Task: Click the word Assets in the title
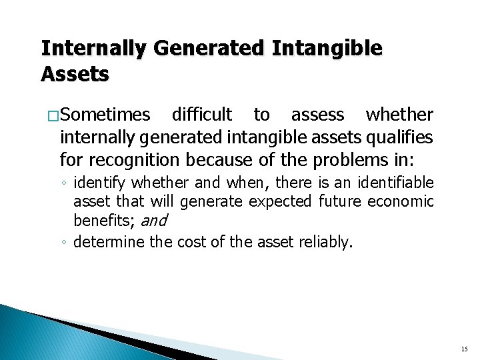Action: click(x=75, y=74)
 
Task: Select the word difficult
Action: click(x=202, y=115)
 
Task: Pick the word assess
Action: click(x=318, y=115)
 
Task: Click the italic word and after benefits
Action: click(x=153, y=221)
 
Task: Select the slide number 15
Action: click(x=464, y=349)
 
